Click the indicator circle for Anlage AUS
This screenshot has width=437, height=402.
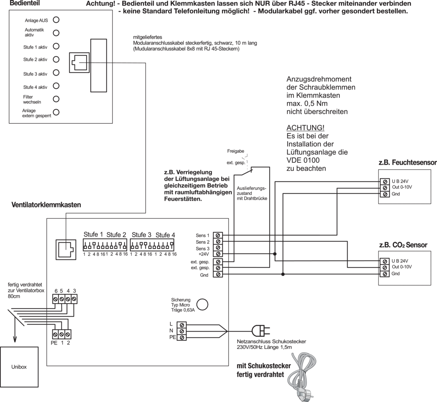(x=56, y=20)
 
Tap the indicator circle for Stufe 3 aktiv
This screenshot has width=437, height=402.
(x=56, y=72)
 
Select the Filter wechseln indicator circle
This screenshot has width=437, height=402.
(x=56, y=99)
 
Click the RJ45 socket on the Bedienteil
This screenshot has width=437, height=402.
(x=79, y=62)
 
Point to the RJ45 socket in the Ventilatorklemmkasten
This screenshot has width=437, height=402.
(x=66, y=250)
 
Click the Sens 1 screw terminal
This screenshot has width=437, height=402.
(x=218, y=235)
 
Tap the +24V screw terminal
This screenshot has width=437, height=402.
(x=218, y=254)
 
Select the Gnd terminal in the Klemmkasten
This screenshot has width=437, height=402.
(x=218, y=274)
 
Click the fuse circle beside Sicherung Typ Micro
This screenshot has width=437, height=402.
(x=202, y=304)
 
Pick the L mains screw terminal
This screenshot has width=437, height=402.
(x=182, y=325)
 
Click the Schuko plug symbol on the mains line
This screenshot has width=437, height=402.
(x=260, y=331)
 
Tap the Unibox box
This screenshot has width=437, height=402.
(x=19, y=367)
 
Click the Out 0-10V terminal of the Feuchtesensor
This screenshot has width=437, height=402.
(x=385, y=187)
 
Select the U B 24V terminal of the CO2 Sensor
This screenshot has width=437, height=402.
(x=385, y=261)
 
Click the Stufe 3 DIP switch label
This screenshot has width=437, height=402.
(x=141, y=235)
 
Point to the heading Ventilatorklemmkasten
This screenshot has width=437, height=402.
(x=46, y=205)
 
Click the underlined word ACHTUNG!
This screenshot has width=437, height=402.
(x=306, y=128)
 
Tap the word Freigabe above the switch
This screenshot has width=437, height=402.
(x=236, y=151)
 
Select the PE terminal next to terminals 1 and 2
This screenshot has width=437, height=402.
(x=55, y=334)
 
